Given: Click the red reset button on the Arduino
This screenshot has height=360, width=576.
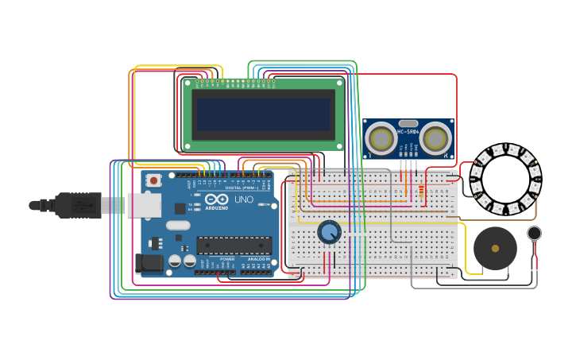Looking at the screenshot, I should click(153, 180).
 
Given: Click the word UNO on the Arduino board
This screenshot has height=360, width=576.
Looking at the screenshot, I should click(244, 199).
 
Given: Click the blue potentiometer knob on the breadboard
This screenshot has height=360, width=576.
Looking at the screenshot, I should click(329, 232).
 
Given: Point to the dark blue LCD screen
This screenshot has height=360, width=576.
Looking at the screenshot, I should click(264, 114).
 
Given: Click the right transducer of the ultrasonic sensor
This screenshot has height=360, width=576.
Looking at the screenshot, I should click(435, 139).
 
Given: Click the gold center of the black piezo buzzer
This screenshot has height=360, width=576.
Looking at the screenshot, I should click(495, 249).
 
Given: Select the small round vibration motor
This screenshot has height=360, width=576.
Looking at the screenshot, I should click(535, 233).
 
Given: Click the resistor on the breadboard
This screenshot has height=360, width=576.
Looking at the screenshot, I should click(420, 191).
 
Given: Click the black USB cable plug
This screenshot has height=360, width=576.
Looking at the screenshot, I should click(79, 205).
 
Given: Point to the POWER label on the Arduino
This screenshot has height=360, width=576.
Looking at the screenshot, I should click(227, 259).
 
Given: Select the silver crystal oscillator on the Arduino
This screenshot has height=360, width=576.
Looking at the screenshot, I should click(178, 225).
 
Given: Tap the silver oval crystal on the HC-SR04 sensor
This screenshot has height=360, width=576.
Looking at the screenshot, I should click(408, 124).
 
